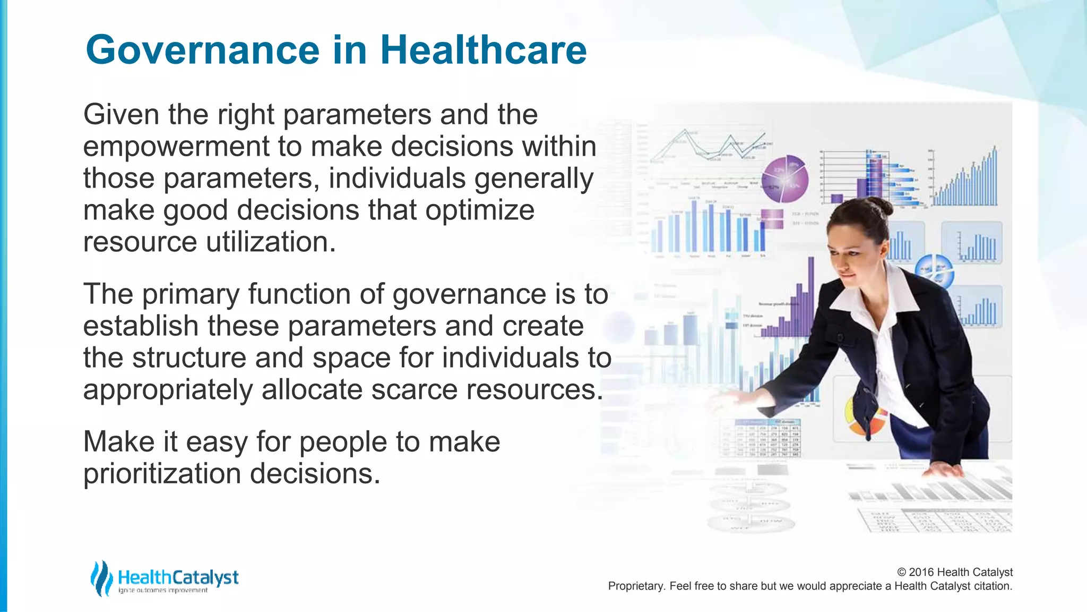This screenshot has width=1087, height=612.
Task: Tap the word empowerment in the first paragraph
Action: pos(176,147)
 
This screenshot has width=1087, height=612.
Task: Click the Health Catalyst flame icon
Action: pos(101,578)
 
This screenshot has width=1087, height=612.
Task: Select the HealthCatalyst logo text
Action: pos(178,577)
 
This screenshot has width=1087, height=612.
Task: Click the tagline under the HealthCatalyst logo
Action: pos(163,591)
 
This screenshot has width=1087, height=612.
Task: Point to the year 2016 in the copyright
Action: pos(921,572)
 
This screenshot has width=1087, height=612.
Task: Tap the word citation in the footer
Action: pos(993,586)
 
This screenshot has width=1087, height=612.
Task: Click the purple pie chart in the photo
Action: pos(784,179)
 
